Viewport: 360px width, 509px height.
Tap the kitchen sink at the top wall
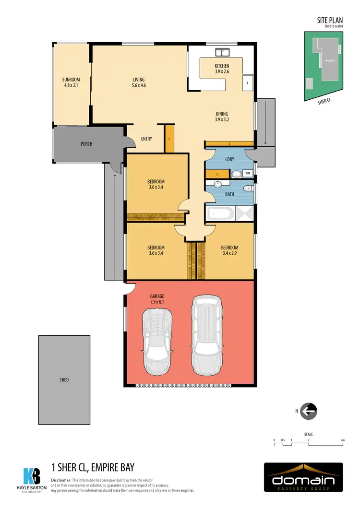click(223, 52)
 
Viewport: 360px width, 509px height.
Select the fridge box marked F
click(248, 83)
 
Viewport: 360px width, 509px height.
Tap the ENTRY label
click(146, 139)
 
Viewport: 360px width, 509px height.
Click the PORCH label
click(86, 144)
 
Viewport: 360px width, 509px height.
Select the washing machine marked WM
click(248, 173)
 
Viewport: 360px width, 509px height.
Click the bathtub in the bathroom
click(220, 214)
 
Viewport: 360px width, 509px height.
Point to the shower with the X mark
click(244, 214)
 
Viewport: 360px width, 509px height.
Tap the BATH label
click(229, 195)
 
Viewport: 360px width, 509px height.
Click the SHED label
click(64, 380)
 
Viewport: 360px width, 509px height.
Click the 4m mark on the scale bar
click(342, 440)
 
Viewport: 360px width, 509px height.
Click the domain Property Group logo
click(303, 478)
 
